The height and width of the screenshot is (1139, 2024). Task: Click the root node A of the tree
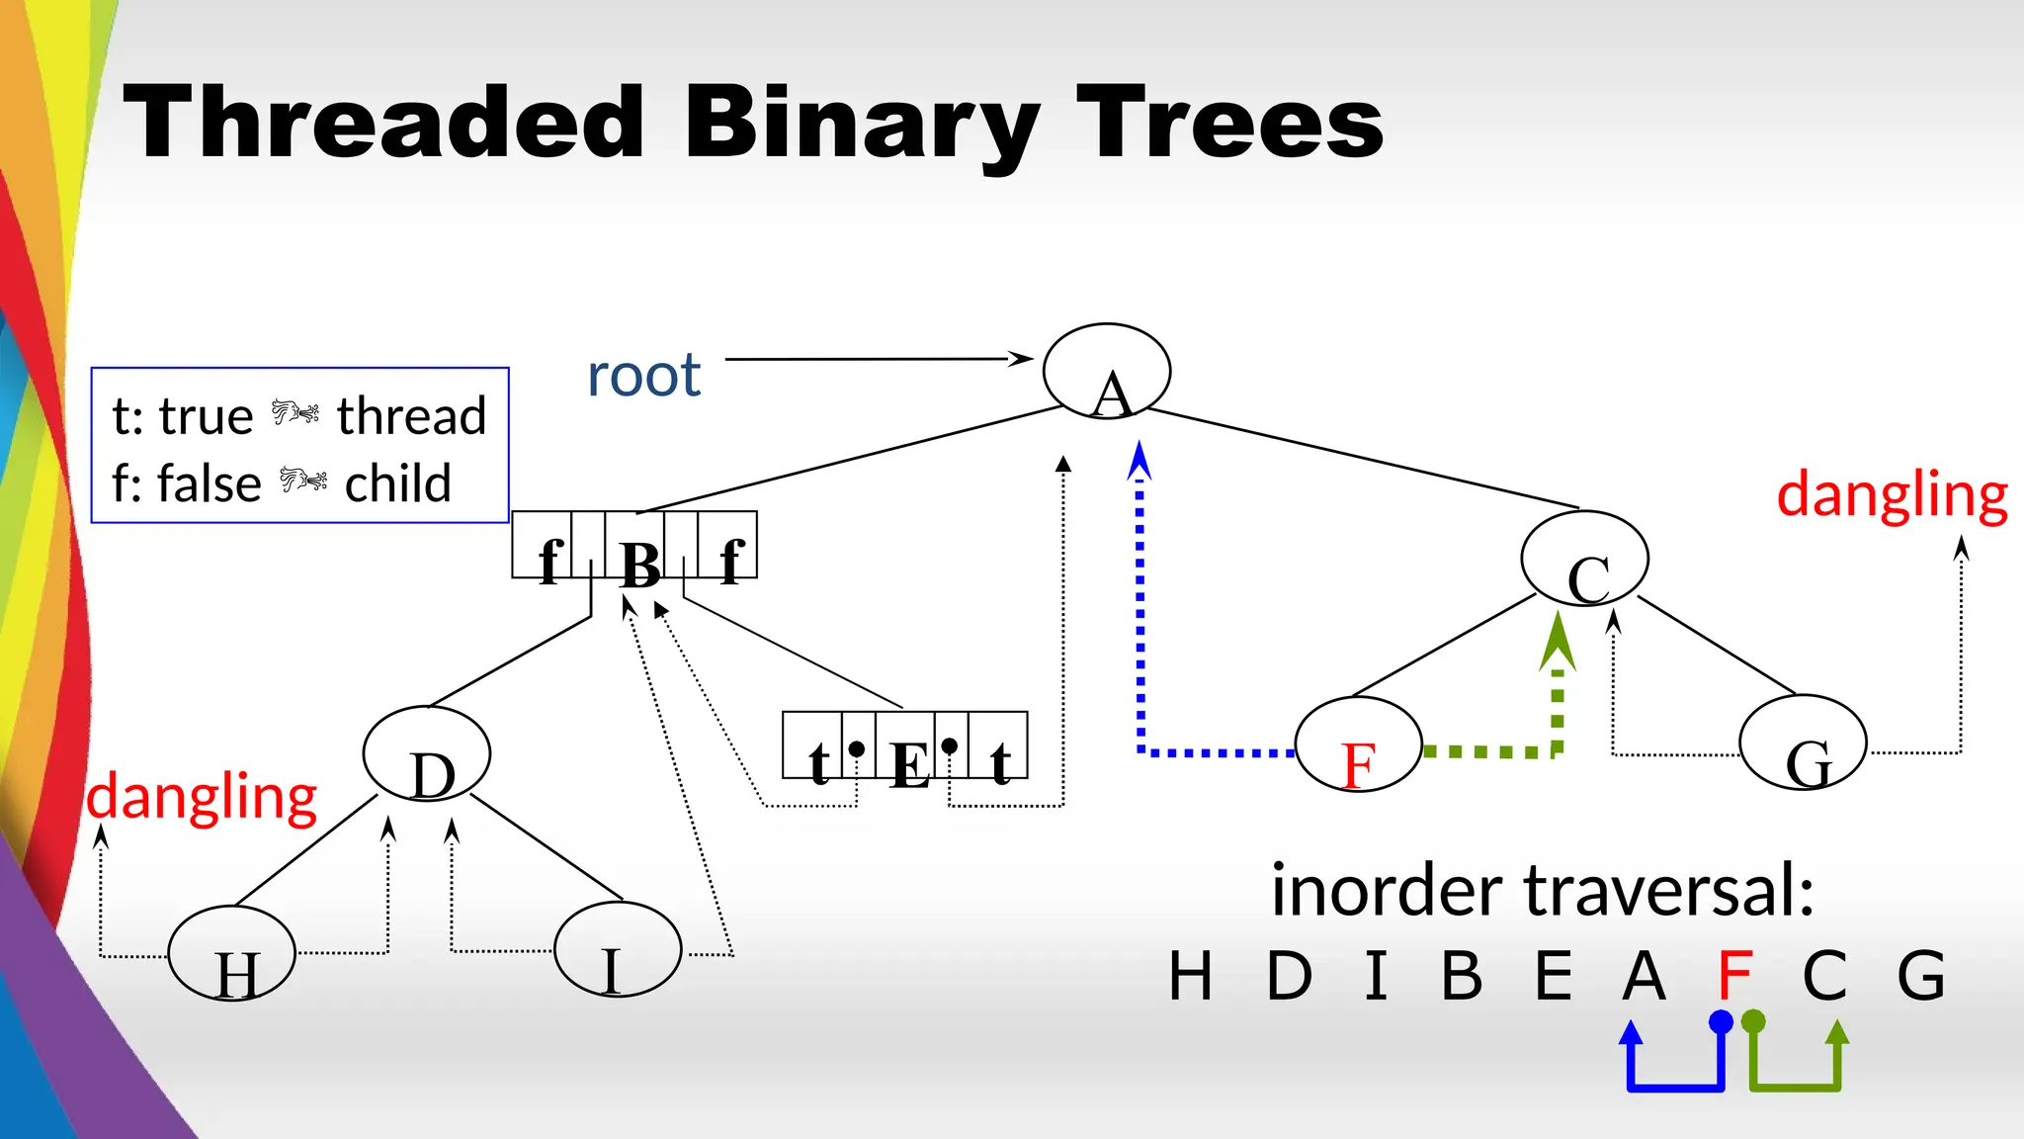pyautogui.click(x=1107, y=371)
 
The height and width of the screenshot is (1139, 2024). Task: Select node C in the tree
pyautogui.click(x=1584, y=559)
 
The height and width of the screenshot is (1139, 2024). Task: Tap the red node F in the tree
pyautogui.click(x=1358, y=745)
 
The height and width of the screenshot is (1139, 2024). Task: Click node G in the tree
pyautogui.click(x=1803, y=745)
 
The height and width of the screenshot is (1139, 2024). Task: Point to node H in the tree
pyautogui.click(x=232, y=953)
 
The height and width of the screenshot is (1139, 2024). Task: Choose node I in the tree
pyautogui.click(x=618, y=949)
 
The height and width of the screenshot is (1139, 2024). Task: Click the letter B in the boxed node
pyautogui.click(x=639, y=565)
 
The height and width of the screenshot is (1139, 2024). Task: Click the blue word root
pyautogui.click(x=643, y=376)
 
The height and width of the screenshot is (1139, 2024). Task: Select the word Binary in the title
pyautogui.click(x=860, y=124)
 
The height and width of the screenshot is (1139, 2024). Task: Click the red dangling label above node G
pyautogui.click(x=1892, y=494)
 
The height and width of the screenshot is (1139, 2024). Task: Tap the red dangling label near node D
pyautogui.click(x=202, y=797)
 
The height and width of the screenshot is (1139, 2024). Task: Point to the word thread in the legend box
pyautogui.click(x=411, y=416)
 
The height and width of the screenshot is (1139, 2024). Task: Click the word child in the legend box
pyautogui.click(x=397, y=484)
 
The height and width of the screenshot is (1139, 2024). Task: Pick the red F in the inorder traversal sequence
pyautogui.click(x=1734, y=975)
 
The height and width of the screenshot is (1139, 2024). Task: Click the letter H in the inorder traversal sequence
pyautogui.click(x=1190, y=976)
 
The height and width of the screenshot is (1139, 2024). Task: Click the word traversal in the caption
pyautogui.click(x=1669, y=890)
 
